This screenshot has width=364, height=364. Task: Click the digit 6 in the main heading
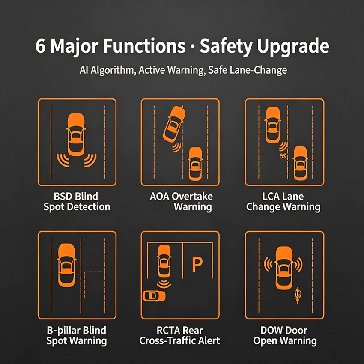point(40,46)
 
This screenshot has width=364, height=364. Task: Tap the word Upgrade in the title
point(293,47)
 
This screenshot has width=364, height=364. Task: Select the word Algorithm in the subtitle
point(113,70)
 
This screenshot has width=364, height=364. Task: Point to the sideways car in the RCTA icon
point(154,296)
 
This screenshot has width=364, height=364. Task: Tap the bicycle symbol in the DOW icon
point(298,295)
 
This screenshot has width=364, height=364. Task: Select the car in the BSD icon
point(76,134)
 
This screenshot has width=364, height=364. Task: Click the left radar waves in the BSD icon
point(63,160)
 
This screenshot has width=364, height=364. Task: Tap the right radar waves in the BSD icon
point(90,160)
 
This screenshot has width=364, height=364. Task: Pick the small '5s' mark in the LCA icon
point(283,156)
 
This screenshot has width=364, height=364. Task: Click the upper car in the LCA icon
point(273,125)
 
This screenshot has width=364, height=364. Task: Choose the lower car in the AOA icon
point(195,164)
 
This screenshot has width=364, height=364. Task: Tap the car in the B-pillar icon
point(67,265)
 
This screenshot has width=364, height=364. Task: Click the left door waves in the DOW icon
point(268,264)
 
